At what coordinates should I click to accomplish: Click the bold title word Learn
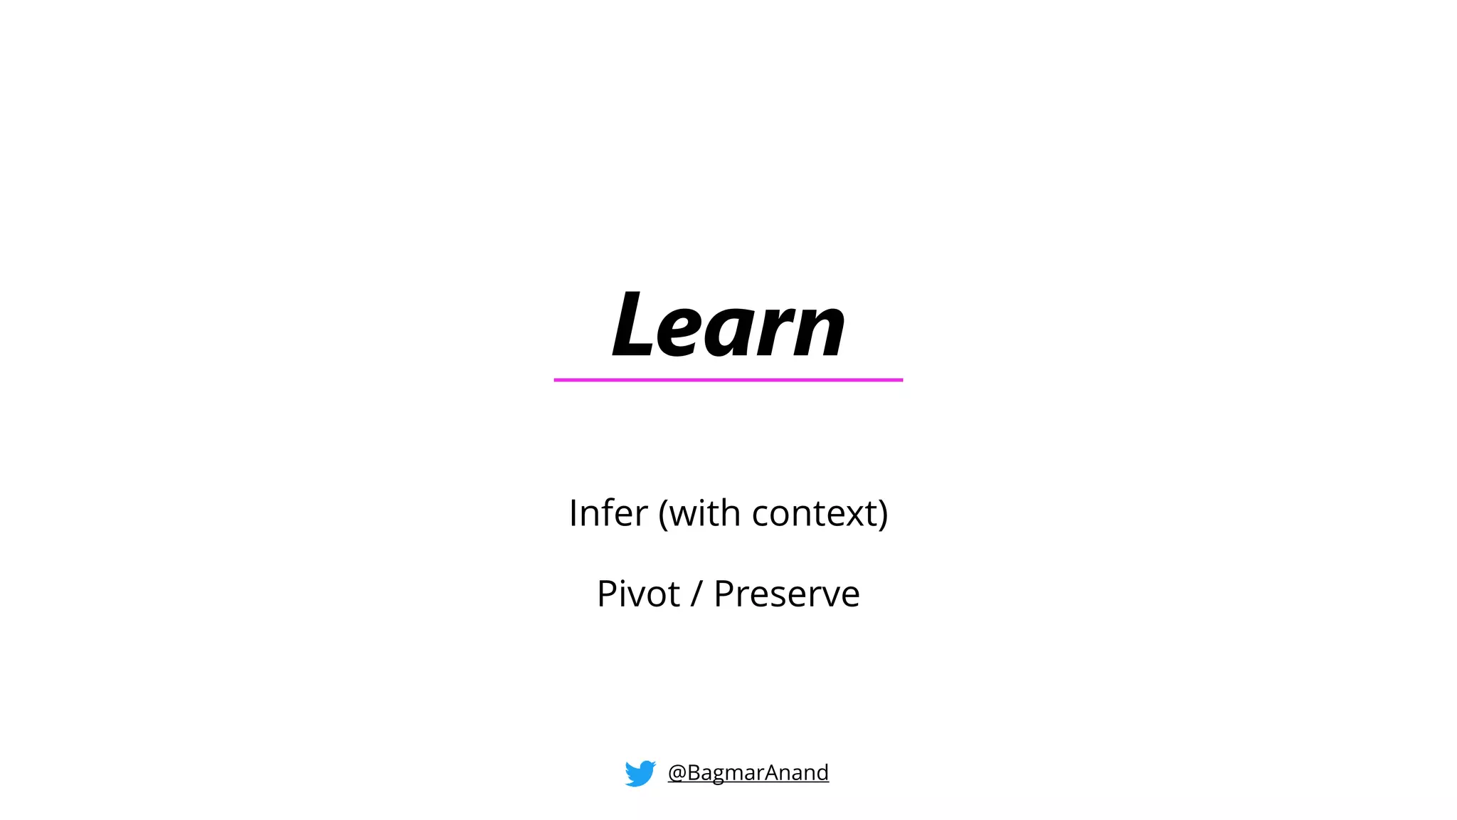pos(728,325)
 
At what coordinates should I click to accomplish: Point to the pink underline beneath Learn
pos(728,380)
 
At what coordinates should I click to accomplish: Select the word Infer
pos(608,512)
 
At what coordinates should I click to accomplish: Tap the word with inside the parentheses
pos(704,512)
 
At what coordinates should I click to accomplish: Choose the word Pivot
pos(638,594)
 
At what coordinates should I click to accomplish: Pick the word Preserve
pos(787,594)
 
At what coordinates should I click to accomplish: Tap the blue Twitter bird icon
pos(640,773)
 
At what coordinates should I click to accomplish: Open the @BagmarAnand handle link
pos(748,772)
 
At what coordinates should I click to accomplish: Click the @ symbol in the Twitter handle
pos(677,773)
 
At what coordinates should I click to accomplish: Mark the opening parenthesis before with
pos(663,514)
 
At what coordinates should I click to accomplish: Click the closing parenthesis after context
pos(883,514)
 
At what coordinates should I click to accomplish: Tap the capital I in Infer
pos(573,512)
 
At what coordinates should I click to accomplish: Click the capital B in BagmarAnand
pos(694,772)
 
